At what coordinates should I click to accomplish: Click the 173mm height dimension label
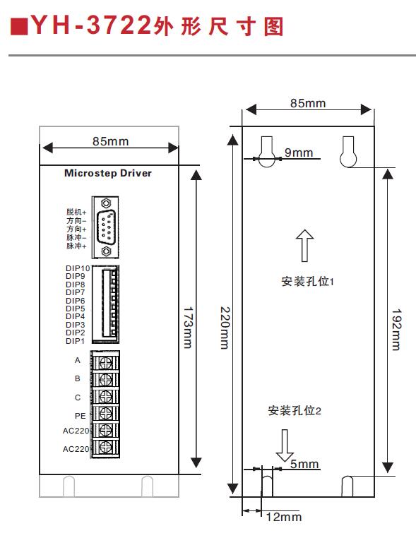[187, 328]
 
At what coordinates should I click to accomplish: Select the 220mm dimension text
[225, 328]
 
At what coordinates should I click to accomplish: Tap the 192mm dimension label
[396, 330]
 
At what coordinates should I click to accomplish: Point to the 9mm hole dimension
[299, 153]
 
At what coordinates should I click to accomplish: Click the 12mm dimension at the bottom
[284, 517]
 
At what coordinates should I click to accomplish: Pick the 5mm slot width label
[304, 464]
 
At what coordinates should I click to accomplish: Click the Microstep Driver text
[108, 173]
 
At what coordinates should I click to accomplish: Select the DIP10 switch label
[78, 268]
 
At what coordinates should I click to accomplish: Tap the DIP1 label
[75, 341]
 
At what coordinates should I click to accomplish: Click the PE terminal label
[80, 416]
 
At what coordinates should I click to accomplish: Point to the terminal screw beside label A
[106, 362]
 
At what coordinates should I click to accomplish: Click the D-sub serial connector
[105, 227]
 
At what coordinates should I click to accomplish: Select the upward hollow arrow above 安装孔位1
[304, 245]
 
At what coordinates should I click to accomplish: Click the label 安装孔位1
[307, 281]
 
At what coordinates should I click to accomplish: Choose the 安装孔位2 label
[295, 410]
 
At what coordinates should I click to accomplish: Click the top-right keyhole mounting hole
[348, 152]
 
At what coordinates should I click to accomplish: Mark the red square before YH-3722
[19, 27]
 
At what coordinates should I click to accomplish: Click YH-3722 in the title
[91, 25]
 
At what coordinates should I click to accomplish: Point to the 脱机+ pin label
[76, 212]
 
